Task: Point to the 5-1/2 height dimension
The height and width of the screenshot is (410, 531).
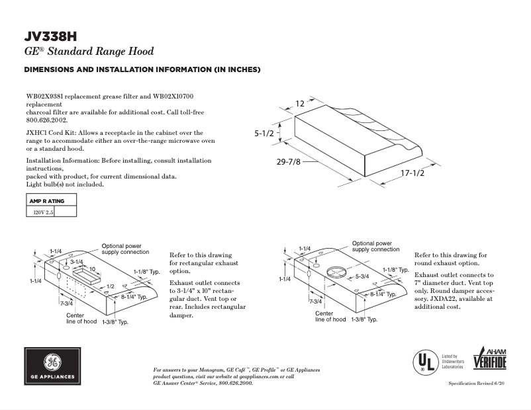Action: [265, 134]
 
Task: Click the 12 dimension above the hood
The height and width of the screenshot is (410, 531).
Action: [300, 103]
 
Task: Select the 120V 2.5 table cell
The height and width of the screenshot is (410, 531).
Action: [40, 212]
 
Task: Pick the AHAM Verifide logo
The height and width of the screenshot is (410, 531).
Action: [489, 360]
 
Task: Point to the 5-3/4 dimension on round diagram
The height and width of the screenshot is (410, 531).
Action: [362, 276]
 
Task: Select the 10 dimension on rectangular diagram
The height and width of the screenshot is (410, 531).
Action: [93, 268]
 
